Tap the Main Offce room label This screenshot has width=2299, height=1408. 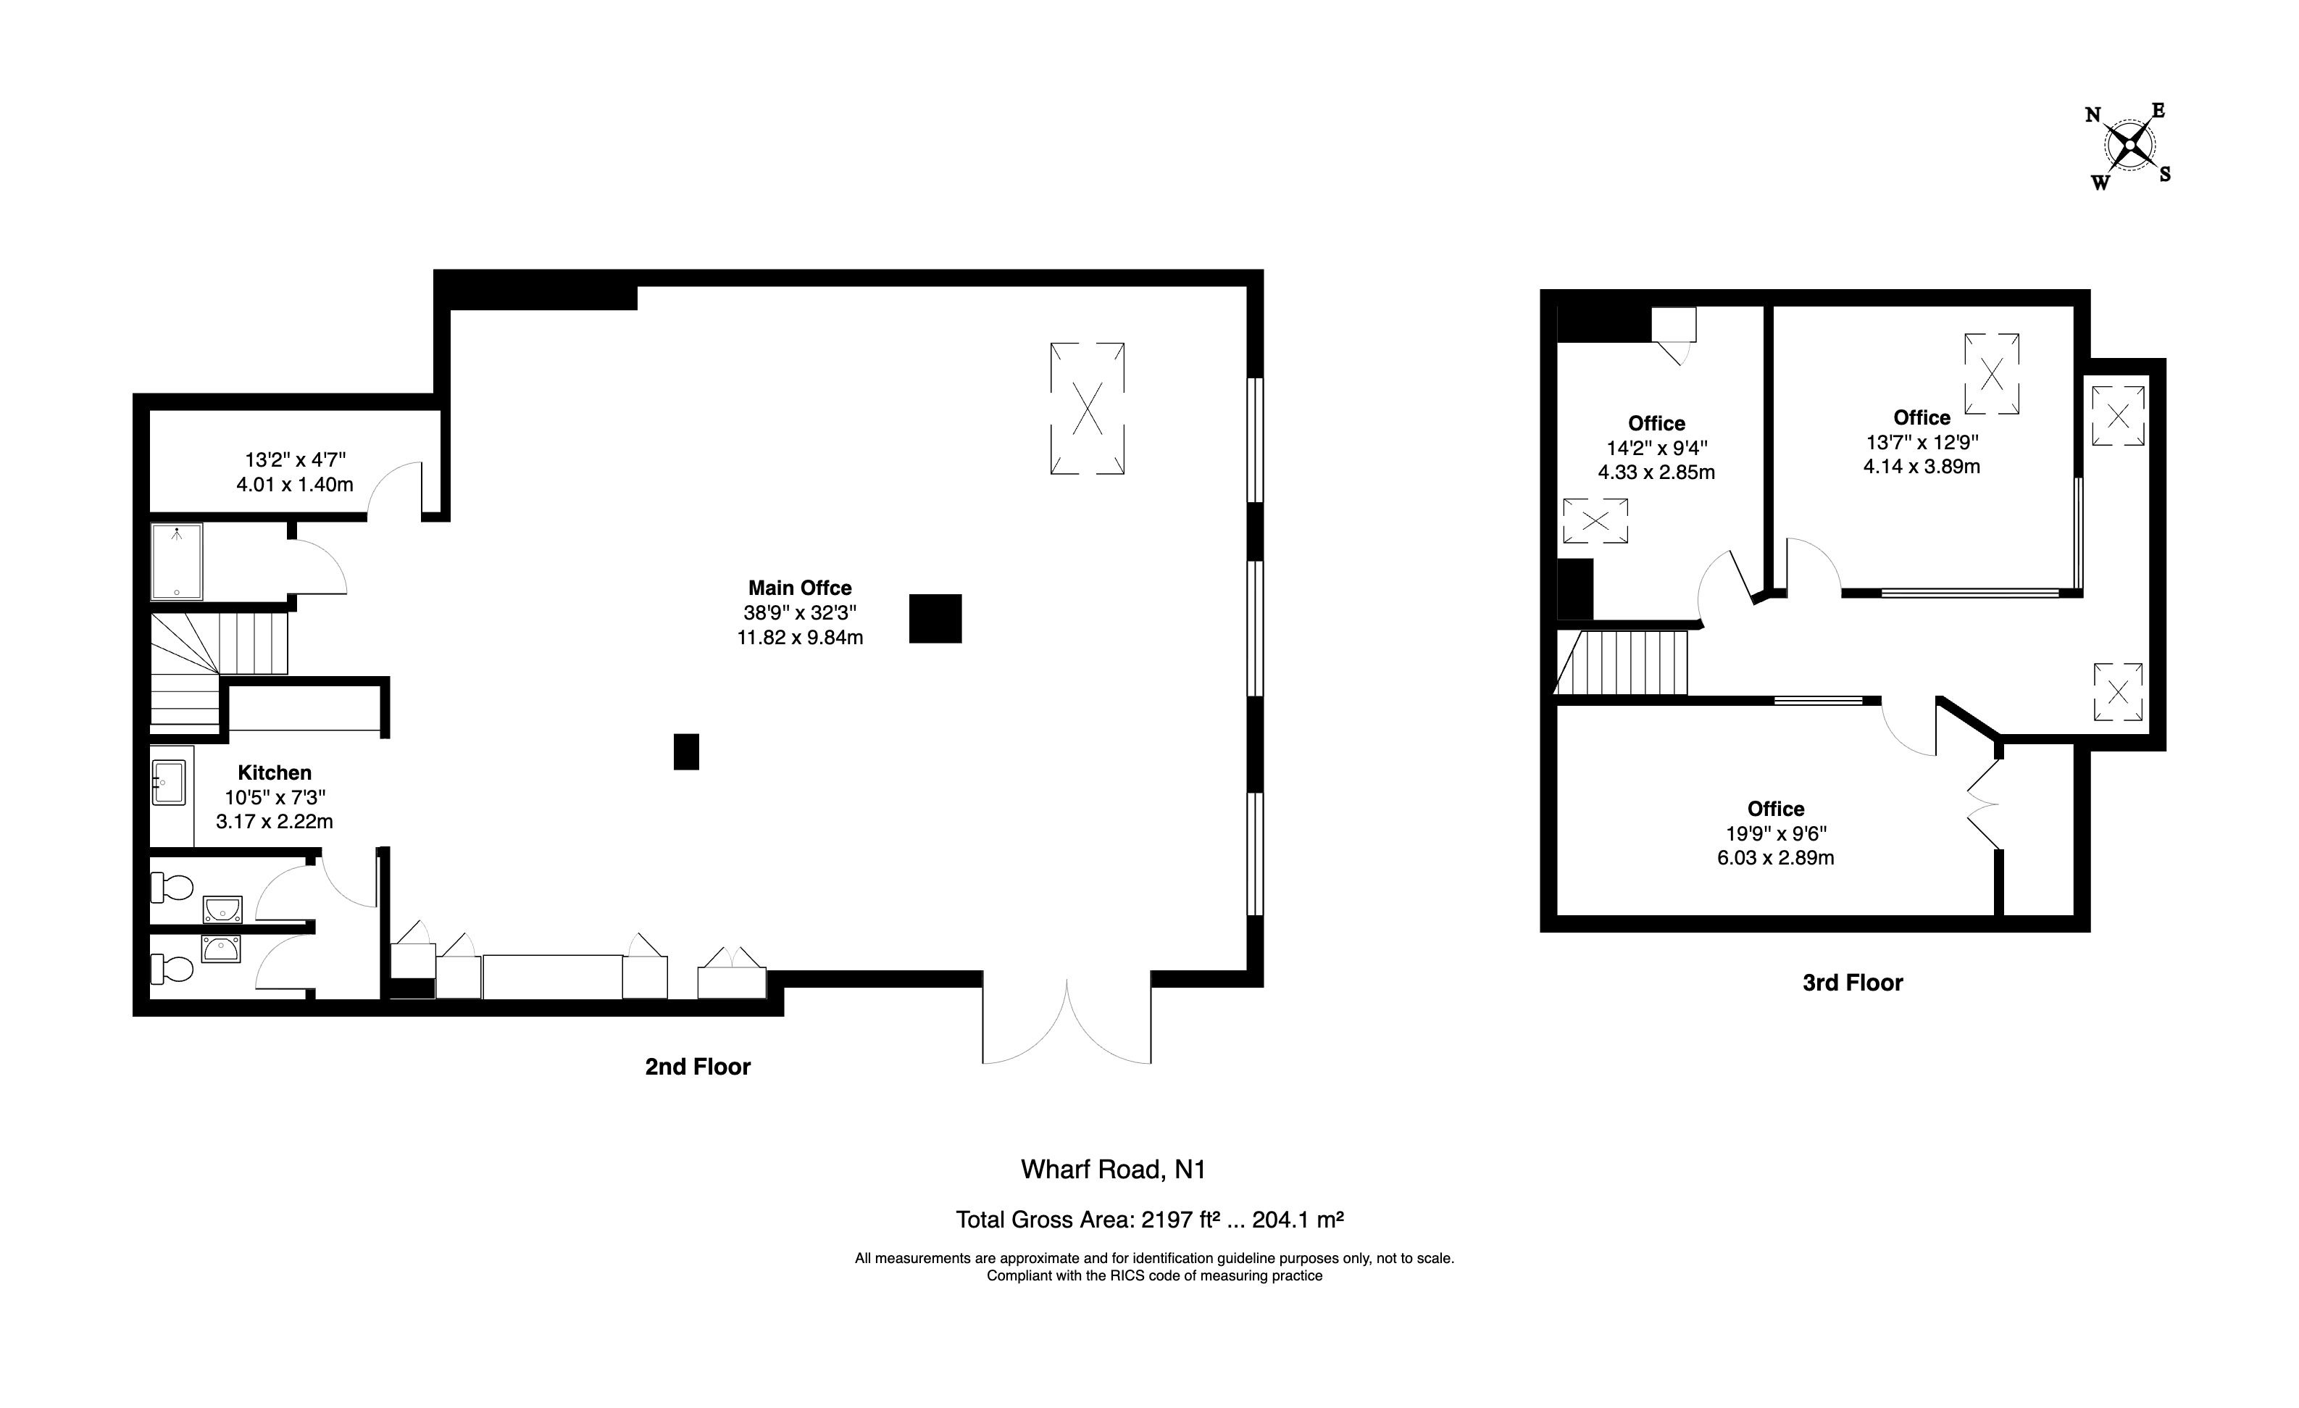coord(800,588)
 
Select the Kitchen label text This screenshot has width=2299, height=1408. coord(275,772)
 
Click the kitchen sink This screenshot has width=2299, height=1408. coord(169,782)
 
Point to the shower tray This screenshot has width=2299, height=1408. coord(176,561)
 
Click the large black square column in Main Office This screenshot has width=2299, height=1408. coord(935,619)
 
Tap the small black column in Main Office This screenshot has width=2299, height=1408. coord(685,751)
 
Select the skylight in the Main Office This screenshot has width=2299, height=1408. coord(1087,409)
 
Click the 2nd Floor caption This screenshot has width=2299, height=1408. coord(698,1067)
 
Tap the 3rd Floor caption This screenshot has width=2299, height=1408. coord(1852,983)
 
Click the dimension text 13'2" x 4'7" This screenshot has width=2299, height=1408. coord(296,459)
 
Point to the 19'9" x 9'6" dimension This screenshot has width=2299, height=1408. coord(1776,833)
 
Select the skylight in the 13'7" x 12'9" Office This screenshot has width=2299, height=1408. coord(1992,373)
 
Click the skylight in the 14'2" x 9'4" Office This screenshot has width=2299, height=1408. coord(1595,520)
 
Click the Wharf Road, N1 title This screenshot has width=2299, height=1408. coord(1113,1169)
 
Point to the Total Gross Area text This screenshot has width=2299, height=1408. coord(1149,1220)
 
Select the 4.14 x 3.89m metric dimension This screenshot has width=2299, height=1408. coord(1921,467)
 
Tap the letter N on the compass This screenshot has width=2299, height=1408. coord(2093,114)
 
